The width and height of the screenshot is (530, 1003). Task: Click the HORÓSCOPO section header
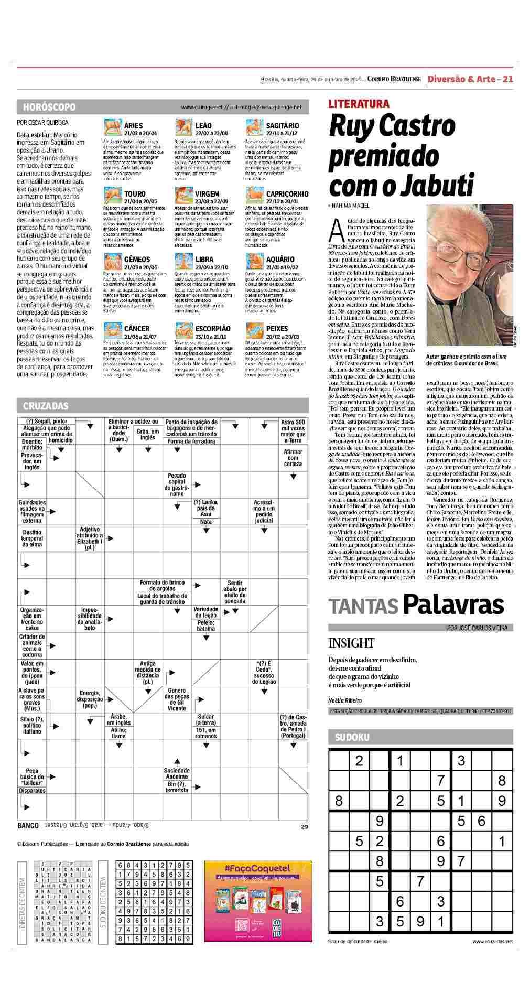pos(49,107)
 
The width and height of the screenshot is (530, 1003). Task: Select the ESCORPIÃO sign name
pos(212,329)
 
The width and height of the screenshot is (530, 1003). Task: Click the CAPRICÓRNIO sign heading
pos(287,194)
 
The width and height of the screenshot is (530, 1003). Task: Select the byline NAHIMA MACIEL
pos(351,206)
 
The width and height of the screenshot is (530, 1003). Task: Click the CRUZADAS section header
pos(46,406)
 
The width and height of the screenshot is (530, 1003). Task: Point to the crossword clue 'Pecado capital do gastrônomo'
pos(177,485)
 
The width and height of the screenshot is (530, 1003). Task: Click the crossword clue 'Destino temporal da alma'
pos(33,538)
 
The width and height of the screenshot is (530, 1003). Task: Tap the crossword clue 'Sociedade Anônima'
pos(177,774)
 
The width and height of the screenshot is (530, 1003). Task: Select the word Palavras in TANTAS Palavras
pos(453,605)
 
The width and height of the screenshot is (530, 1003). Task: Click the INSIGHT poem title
pos(351,643)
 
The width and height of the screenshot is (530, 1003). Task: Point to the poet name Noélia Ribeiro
pos(345,700)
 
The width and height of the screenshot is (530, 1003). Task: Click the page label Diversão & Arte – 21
pos(470,79)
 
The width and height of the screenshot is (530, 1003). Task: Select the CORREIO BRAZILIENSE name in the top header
pos(394,79)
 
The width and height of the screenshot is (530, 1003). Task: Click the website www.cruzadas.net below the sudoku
pos(492,941)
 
